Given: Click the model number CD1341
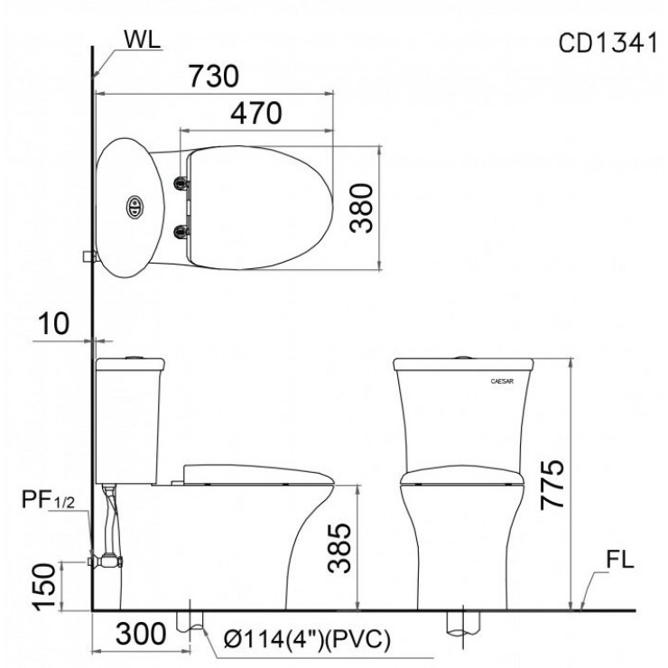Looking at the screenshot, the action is tap(608, 43).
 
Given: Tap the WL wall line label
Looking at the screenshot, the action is tap(143, 39).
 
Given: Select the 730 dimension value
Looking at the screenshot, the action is tap(214, 76).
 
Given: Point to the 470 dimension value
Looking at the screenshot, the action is tap(256, 114).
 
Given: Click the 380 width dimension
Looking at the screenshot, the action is tap(361, 208).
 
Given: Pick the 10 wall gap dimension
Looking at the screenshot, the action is tap(53, 323).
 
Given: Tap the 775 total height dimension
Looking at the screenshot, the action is tap(552, 485).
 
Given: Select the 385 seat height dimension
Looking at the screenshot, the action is tap(339, 548).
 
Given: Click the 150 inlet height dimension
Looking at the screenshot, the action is tap(45, 587).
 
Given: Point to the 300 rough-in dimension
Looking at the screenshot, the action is tap(141, 634).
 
